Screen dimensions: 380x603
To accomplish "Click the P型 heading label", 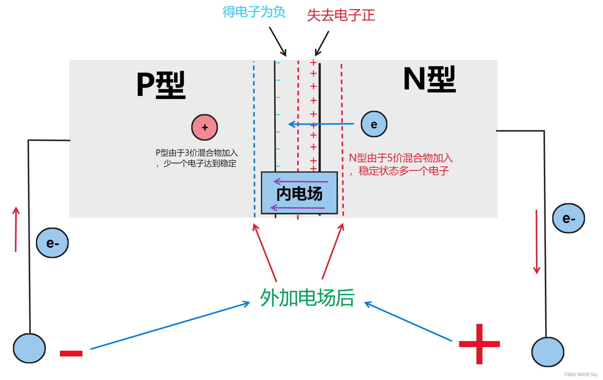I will click(x=161, y=85).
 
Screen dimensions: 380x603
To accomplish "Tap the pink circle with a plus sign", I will click(x=204, y=127).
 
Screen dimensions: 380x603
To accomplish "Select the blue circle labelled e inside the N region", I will click(x=374, y=124).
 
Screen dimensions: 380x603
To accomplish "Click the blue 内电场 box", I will click(x=299, y=193).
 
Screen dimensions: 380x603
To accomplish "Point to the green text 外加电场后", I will click(x=307, y=298).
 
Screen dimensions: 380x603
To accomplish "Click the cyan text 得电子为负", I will click(x=254, y=12).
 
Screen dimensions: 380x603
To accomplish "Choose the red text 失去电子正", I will click(x=341, y=15).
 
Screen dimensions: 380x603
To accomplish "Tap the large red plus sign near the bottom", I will click(x=479, y=344).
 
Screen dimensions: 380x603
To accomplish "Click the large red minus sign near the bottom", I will click(x=71, y=353).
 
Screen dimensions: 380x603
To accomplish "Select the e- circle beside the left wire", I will click(x=52, y=243).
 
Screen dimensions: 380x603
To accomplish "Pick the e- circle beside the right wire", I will click(x=568, y=218).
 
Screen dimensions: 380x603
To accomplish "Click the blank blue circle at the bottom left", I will click(x=30, y=348).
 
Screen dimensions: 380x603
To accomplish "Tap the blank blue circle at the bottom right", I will click(x=548, y=352).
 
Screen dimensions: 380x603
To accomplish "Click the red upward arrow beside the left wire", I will click(x=16, y=230).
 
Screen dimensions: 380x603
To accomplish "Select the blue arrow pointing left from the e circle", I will click(x=321, y=124).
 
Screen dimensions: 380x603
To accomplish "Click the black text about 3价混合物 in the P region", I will click(x=197, y=158).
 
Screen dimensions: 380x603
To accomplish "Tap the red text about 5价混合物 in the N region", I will click(x=401, y=164).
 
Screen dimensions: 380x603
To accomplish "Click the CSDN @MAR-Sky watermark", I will click(x=581, y=375).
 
